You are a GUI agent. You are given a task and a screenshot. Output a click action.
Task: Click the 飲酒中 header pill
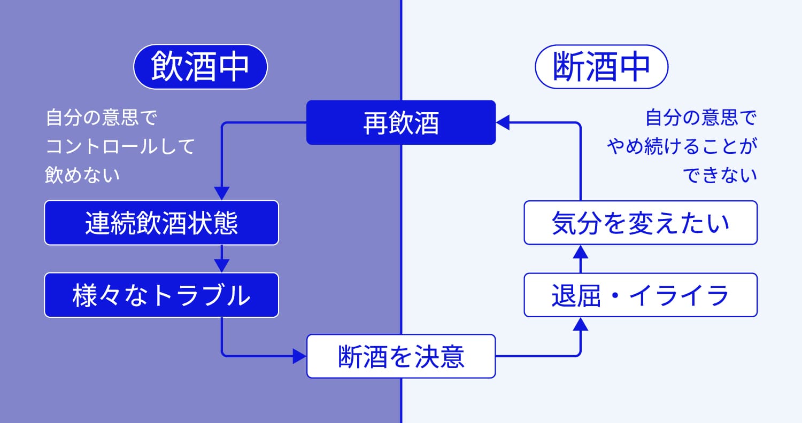click(x=200, y=67)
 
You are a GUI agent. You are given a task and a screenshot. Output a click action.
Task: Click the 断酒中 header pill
click(x=601, y=67)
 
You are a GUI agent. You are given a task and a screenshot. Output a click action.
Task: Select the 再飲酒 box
click(x=401, y=123)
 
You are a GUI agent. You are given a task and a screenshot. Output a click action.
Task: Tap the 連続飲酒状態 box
click(x=161, y=223)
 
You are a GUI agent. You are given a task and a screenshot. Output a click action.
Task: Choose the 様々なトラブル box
click(x=161, y=295)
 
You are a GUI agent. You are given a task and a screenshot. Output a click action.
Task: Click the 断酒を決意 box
click(x=401, y=356)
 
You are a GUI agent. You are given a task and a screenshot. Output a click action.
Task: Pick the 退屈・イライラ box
click(x=641, y=295)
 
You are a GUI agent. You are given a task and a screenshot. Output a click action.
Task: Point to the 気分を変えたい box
click(x=641, y=223)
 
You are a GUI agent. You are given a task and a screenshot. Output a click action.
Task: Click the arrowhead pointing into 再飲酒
click(x=503, y=123)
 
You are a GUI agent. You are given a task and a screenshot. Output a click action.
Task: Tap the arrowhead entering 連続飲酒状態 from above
click(x=222, y=193)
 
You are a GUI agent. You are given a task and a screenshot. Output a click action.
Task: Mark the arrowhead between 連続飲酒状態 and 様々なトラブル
click(x=222, y=265)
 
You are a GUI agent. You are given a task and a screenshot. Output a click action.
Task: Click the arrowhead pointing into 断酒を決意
click(x=299, y=356)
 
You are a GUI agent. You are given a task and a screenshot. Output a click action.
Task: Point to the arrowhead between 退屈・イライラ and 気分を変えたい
click(x=581, y=252)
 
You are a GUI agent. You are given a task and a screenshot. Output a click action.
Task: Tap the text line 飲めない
click(x=82, y=175)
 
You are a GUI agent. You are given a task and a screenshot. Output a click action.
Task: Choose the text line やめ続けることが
click(x=682, y=147)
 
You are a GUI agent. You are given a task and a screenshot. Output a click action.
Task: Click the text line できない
click(x=722, y=175)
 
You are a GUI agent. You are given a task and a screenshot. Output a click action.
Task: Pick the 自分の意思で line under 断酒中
click(x=701, y=118)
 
